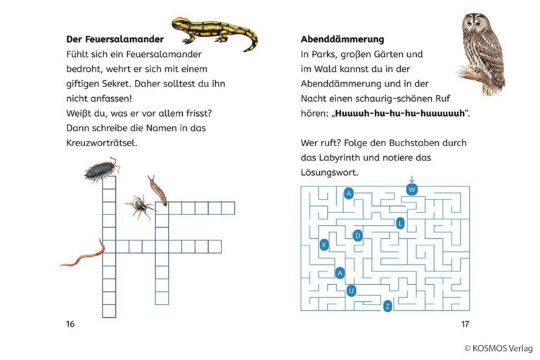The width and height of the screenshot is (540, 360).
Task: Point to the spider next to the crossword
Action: click(140, 206)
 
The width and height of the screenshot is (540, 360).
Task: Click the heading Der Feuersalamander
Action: click(115, 39)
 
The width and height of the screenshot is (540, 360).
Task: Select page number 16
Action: click(70, 324)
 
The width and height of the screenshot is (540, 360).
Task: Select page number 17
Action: click(465, 324)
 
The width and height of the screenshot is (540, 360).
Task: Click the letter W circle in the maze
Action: click(412, 189)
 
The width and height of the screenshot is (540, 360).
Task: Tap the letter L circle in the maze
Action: click(400, 224)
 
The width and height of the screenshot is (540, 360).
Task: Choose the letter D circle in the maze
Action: click(358, 236)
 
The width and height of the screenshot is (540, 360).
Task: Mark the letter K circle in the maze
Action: click(324, 245)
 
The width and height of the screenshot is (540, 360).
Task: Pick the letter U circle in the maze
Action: click(352, 290)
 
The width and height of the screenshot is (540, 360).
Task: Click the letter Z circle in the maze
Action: click(387, 307)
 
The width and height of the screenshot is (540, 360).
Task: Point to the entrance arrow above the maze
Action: click(412, 180)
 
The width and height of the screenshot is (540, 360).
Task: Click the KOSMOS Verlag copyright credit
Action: click(498, 348)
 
